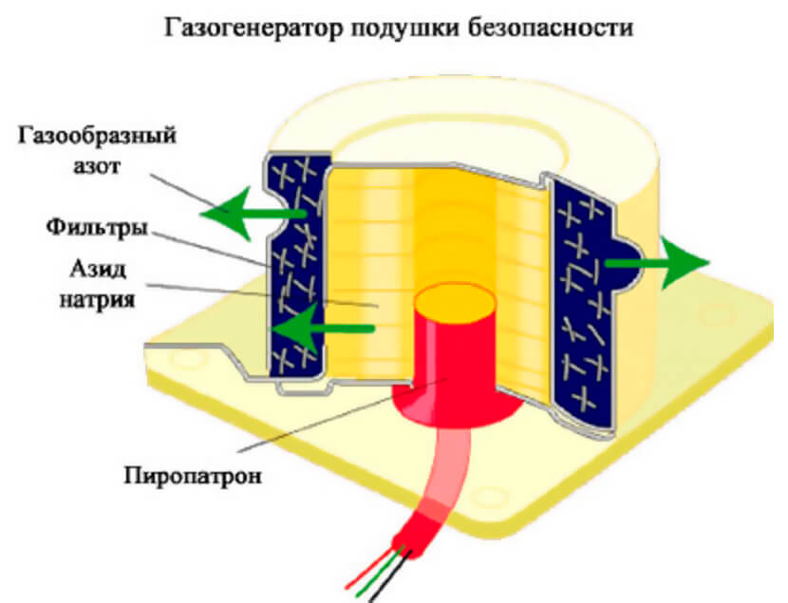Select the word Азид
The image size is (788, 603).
point(94,271)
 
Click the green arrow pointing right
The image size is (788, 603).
point(665,263)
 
